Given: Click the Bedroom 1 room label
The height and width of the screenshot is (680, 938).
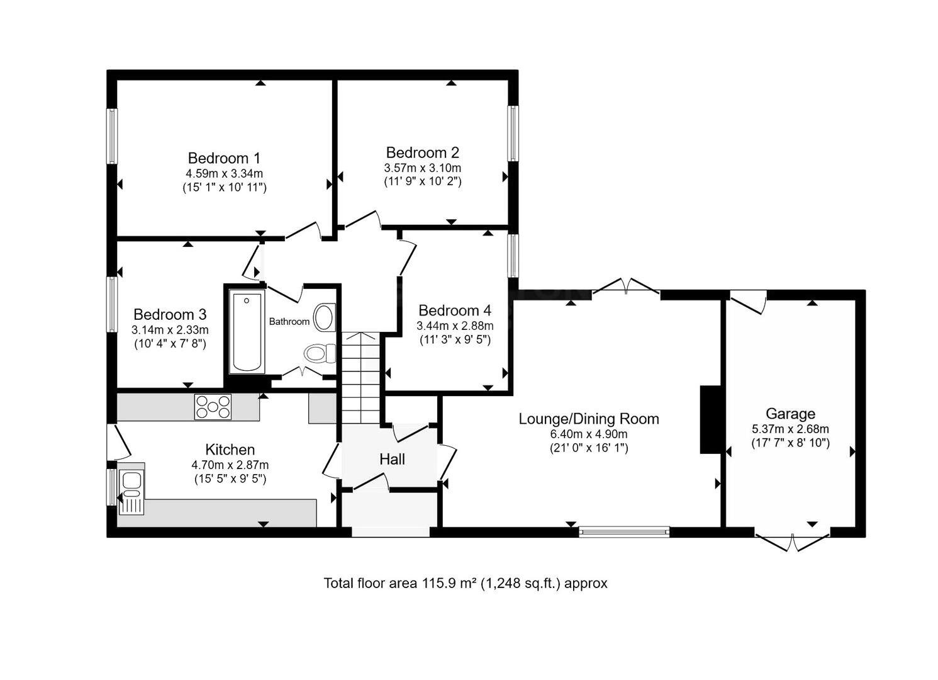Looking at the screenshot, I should (x=224, y=158).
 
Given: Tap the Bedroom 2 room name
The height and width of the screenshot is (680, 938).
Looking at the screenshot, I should (x=422, y=152).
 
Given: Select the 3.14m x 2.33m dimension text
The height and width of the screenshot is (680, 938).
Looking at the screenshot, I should (x=170, y=329).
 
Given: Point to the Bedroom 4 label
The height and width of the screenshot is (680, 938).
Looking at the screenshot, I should (x=454, y=310).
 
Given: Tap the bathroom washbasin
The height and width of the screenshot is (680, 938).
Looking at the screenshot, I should (x=324, y=317).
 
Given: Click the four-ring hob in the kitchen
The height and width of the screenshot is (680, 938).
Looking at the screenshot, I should (x=213, y=407).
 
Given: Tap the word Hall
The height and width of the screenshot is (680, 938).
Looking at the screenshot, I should (x=392, y=460).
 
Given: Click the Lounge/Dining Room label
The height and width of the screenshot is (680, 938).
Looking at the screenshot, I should (x=588, y=419).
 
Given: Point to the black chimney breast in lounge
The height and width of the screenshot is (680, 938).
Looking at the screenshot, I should (x=710, y=419).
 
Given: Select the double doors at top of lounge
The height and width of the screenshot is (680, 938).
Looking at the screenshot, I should (x=626, y=287).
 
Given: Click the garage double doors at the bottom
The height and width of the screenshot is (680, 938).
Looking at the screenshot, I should (x=792, y=541).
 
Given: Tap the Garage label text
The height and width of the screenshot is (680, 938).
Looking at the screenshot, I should (x=790, y=414).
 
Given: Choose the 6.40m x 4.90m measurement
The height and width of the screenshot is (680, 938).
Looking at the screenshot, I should (x=588, y=434).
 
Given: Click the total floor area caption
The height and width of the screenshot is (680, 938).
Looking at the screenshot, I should (x=465, y=583).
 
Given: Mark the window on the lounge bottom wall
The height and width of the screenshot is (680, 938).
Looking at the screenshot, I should (x=624, y=532).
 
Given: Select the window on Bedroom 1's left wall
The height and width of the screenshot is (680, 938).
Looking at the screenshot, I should (x=112, y=137).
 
